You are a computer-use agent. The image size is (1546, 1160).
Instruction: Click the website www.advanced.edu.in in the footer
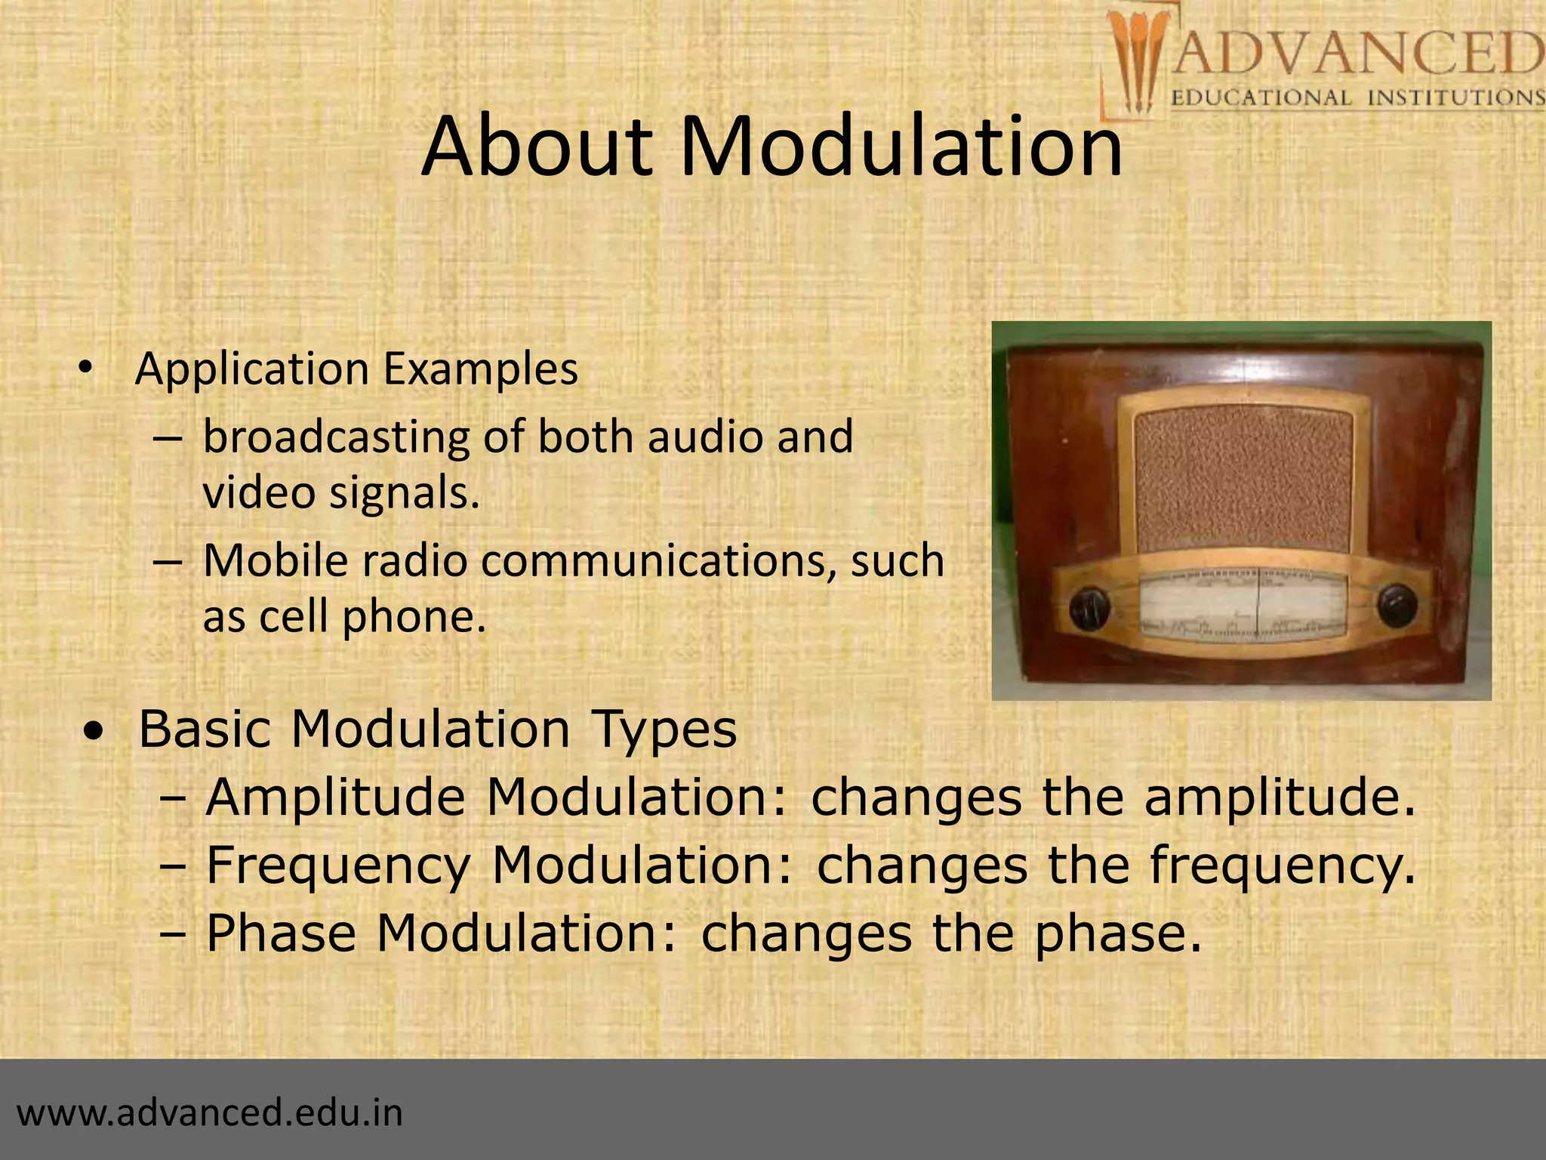point(210,1113)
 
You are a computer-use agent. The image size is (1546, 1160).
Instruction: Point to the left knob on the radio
point(1089,608)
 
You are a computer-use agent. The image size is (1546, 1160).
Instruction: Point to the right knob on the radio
point(1397,605)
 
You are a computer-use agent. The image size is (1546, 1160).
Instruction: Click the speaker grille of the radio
point(1243,481)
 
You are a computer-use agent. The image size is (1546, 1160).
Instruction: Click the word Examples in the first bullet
point(480,369)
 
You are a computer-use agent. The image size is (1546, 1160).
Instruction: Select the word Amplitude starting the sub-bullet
point(335,798)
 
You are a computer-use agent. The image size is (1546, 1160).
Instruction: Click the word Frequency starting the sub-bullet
point(338,866)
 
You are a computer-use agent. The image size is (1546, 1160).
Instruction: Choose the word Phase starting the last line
point(281,933)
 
